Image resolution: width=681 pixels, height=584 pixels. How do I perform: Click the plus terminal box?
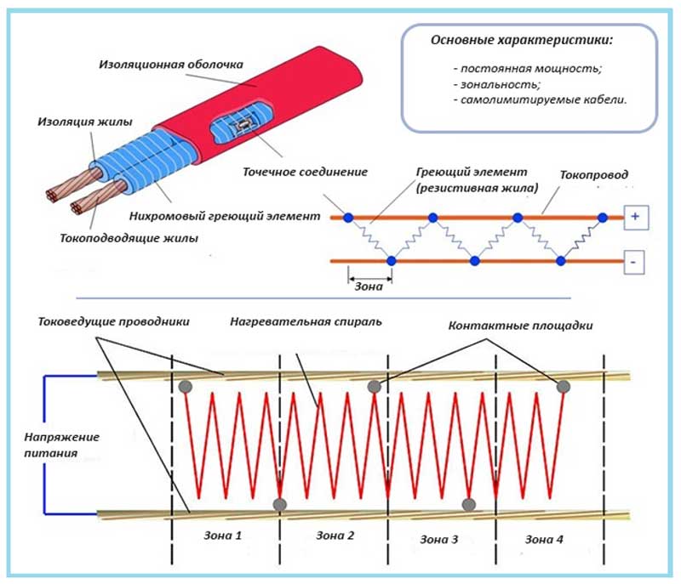(635, 218)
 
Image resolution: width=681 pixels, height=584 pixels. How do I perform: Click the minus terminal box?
(635, 262)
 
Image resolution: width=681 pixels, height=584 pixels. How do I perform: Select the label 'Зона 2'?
(335, 536)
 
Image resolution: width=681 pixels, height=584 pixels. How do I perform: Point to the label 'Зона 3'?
(439, 539)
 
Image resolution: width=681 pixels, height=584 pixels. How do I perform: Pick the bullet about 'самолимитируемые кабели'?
(540, 100)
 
